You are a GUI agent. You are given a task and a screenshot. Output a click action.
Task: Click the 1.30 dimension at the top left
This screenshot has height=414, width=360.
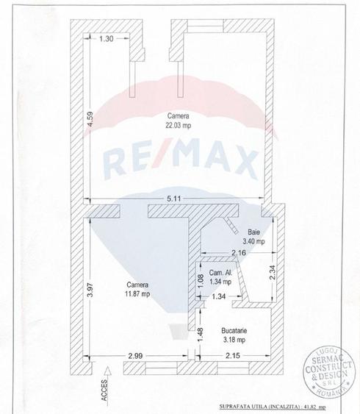tap(107, 39)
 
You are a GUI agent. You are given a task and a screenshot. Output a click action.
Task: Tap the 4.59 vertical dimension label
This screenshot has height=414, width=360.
tap(90, 119)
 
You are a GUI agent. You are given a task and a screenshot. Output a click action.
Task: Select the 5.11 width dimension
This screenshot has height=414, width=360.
tap(174, 199)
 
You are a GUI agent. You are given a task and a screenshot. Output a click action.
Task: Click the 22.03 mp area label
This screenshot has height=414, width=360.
tap(179, 125)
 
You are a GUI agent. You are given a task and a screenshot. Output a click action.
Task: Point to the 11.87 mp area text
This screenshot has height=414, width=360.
tap(137, 293)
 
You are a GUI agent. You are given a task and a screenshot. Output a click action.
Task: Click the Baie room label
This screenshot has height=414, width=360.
tap(253, 232)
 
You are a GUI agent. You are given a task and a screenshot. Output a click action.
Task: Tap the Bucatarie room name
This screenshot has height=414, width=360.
tap(234, 330)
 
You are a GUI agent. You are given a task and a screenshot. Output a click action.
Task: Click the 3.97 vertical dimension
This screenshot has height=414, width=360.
tap(90, 290)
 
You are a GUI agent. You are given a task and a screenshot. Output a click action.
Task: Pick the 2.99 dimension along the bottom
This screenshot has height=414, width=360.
tap(136, 356)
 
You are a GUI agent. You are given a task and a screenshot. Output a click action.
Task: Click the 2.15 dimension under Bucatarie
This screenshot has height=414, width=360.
tap(233, 356)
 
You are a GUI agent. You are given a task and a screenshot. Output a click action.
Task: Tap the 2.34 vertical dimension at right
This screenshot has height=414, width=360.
tap(273, 272)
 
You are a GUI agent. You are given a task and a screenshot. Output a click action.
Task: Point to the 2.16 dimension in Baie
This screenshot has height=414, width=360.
tap(239, 253)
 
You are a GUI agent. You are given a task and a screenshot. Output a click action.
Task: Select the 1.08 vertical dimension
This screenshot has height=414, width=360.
tap(201, 281)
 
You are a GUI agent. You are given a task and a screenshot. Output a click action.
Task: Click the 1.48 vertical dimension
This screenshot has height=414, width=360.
tap(201, 335)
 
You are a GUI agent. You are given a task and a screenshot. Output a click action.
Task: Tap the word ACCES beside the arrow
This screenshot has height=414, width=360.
tap(104, 390)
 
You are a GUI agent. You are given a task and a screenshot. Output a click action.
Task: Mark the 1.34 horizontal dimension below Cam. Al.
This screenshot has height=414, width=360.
tap(219, 296)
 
